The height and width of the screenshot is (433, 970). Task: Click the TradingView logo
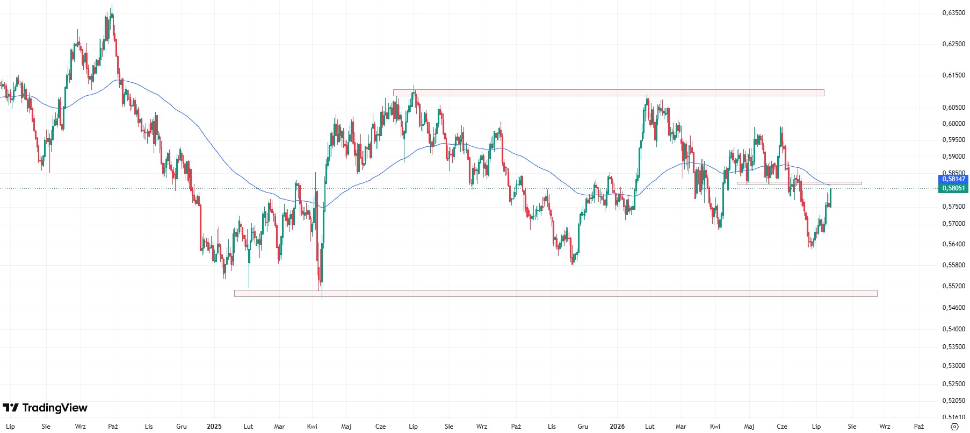tap(45, 408)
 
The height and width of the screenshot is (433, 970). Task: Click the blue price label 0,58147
tap(953, 179)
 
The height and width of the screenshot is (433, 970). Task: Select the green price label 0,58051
tap(953, 188)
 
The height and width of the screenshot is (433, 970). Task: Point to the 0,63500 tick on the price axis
tap(954, 12)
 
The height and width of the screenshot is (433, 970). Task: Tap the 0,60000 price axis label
tap(954, 124)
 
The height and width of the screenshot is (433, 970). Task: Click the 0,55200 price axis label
tap(954, 286)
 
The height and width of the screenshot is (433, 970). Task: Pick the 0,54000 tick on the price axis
tap(954, 329)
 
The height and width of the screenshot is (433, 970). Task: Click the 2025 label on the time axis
tap(214, 427)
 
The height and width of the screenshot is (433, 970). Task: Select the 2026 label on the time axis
tap(617, 427)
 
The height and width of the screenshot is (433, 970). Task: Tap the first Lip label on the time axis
tap(10, 427)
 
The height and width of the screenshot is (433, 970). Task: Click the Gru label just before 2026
tap(583, 427)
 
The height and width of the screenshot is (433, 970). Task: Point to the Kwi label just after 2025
tap(312, 427)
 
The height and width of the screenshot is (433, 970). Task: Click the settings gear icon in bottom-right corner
tap(954, 427)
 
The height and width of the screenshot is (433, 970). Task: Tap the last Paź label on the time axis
tap(919, 427)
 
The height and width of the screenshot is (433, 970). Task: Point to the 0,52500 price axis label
tap(954, 384)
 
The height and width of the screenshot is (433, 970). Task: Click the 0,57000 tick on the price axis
tap(954, 224)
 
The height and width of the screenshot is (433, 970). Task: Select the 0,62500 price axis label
tap(954, 44)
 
